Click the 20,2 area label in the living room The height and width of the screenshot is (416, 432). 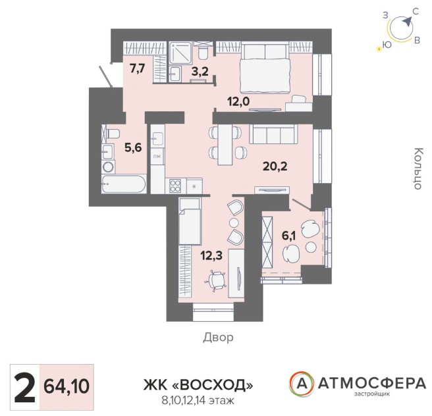(275, 167)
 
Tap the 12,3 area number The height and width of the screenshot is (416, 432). (211, 255)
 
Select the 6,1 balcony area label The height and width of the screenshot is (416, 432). (288, 236)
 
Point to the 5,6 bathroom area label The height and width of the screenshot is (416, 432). (133, 148)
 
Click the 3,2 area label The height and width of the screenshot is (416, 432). (200, 72)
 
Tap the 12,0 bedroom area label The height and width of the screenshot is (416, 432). (238, 101)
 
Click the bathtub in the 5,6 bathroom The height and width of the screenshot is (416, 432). (124, 184)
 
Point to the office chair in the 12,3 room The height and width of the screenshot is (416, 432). (216, 280)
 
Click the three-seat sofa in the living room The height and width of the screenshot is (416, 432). (273, 134)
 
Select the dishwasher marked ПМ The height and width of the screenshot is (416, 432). (157, 157)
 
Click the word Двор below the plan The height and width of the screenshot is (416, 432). (218, 337)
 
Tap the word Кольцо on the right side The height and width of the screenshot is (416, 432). (418, 169)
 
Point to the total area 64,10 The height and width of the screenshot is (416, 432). (67, 386)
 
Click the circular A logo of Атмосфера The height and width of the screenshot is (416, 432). (302, 384)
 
